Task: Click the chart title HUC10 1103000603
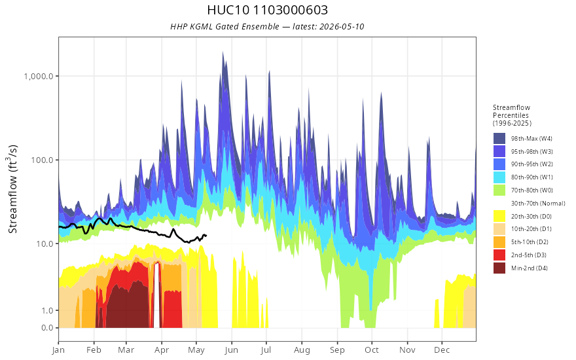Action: point(268,10)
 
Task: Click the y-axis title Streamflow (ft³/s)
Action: point(12,189)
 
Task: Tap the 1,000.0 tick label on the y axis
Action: point(39,76)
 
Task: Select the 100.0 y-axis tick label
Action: point(42,160)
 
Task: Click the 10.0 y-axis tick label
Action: point(44,243)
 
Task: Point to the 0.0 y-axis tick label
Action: point(47,328)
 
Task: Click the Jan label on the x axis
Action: point(58,350)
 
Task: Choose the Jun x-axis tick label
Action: point(231,350)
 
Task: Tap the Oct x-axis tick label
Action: point(372,350)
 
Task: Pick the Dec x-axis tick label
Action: point(442,350)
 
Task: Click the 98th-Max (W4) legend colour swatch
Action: point(499,139)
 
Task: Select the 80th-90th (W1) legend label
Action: point(532,177)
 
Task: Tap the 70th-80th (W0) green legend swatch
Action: point(499,190)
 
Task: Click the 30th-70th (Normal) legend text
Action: point(538,203)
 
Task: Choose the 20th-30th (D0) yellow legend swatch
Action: point(499,216)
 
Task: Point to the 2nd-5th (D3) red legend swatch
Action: point(499,255)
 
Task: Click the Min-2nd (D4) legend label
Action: point(530,268)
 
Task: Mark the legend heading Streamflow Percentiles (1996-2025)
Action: point(512,115)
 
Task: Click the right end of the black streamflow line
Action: point(206,236)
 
